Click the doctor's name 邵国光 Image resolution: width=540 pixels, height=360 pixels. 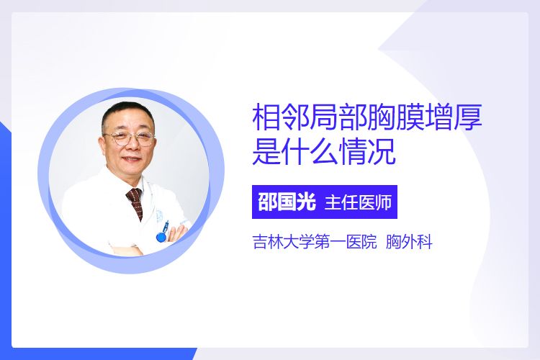pyautogui.click(x=287, y=202)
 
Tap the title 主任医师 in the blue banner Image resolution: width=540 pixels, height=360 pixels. pyautogui.click(x=358, y=202)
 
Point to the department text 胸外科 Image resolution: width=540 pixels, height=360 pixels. pyautogui.click(x=409, y=242)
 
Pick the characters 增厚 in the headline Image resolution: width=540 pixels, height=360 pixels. pyautogui.click(x=453, y=117)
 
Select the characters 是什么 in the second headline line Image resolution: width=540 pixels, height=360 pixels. pyautogui.click(x=295, y=152)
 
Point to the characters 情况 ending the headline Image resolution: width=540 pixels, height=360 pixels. pyautogui.click(x=366, y=152)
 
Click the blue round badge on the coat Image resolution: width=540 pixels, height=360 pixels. pyautogui.click(x=161, y=237)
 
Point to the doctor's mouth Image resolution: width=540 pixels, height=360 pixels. pyautogui.click(x=132, y=160)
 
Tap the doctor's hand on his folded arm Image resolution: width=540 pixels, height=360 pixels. pyautogui.click(x=178, y=233)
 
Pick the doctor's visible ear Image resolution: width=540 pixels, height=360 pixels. pyautogui.click(x=102, y=144)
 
